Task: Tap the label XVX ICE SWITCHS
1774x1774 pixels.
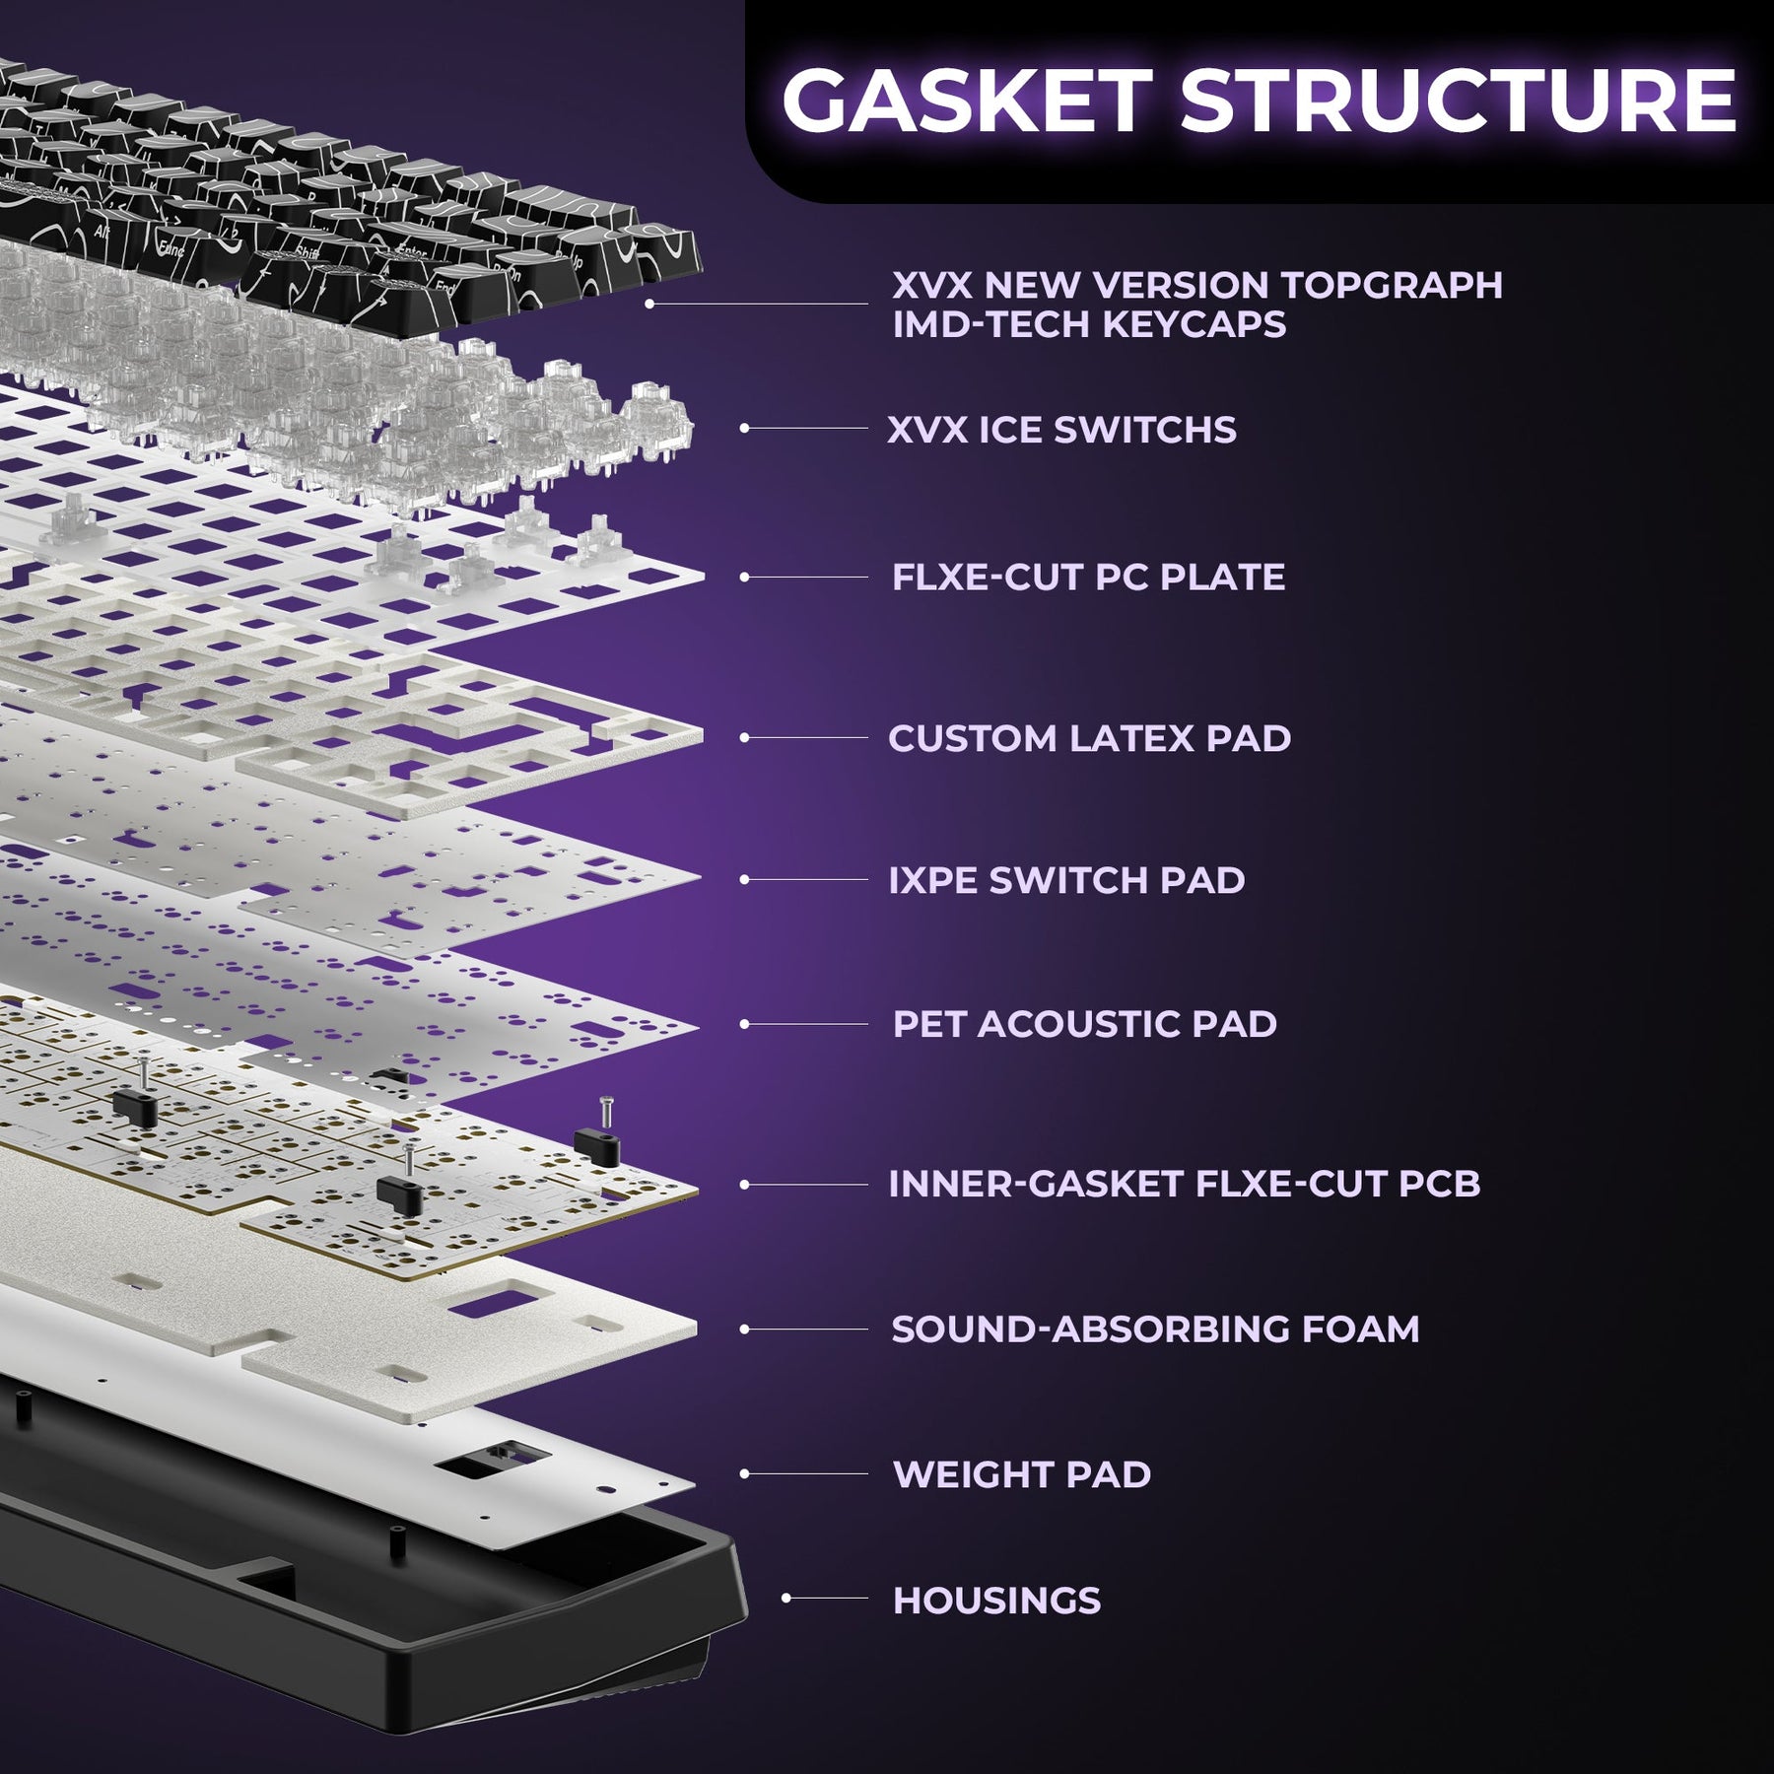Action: click(x=1061, y=430)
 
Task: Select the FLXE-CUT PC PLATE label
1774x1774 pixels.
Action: click(x=1088, y=578)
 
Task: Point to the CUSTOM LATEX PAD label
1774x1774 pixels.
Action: click(x=1089, y=738)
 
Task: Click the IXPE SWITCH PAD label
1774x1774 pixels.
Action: click(x=1066, y=880)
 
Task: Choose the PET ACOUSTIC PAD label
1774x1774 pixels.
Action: click(x=1084, y=1024)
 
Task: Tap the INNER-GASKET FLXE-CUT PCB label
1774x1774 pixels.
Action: click(x=1184, y=1184)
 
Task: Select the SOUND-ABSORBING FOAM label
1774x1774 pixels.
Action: click(x=1155, y=1329)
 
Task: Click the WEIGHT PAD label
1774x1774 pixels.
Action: click(x=1021, y=1474)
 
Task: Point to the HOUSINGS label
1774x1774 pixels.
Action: click(x=996, y=1601)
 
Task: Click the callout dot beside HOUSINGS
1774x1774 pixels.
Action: click(x=786, y=1598)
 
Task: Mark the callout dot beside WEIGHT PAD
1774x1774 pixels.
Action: click(x=745, y=1473)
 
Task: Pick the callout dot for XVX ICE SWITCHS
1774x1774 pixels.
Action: click(x=745, y=428)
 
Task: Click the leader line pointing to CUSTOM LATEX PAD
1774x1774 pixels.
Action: click(x=808, y=737)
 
